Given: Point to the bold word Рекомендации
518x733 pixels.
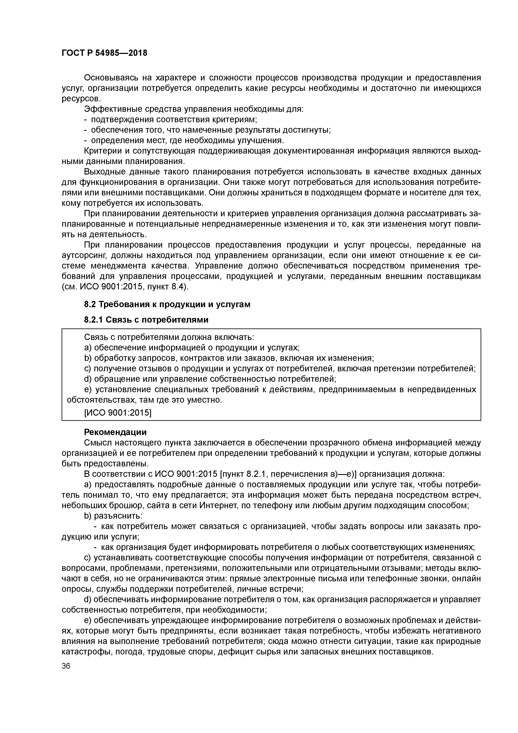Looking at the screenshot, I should [x=115, y=432].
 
